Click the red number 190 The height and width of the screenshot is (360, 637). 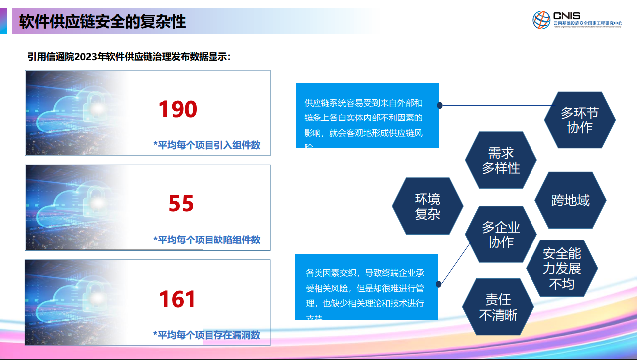point(178,109)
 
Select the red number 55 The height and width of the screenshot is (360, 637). point(181,204)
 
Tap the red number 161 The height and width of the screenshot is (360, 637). point(177,299)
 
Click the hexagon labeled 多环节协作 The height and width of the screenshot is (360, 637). point(580,120)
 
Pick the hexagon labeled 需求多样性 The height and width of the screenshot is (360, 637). point(501,160)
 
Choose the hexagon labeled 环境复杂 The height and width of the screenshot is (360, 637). point(427,206)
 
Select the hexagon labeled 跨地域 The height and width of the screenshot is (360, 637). point(570,201)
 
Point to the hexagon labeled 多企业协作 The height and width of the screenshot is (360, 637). point(501,235)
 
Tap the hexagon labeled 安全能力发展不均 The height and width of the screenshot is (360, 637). point(562,269)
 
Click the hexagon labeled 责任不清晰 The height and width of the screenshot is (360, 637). point(498,307)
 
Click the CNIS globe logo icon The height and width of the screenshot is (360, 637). point(541,20)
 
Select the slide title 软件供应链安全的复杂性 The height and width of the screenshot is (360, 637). point(103,22)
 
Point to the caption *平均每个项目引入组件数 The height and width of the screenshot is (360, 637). point(207,145)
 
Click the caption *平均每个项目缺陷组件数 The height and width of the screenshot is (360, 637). point(207,240)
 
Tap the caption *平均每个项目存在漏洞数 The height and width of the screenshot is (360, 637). point(207,335)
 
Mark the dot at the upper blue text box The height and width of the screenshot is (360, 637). point(440,105)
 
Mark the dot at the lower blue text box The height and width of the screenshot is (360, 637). point(439,284)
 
